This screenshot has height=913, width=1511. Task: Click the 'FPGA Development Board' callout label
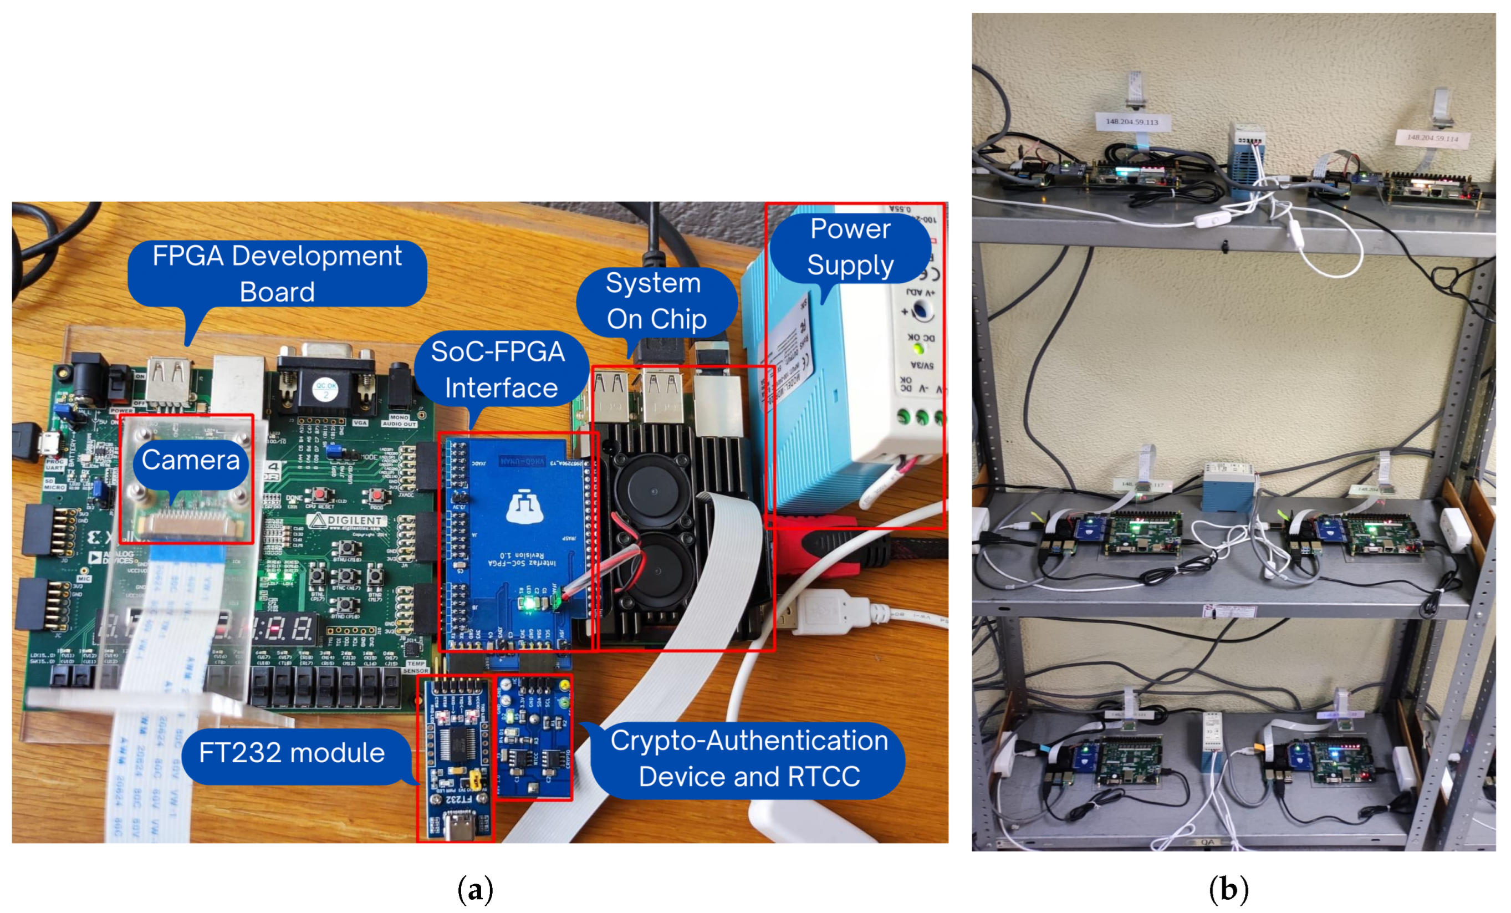[277, 273]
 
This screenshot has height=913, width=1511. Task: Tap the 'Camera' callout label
[191, 460]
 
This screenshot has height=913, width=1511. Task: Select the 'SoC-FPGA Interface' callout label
[500, 369]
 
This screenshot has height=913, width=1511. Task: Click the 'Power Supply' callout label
[850, 247]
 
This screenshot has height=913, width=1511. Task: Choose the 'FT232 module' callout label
[292, 753]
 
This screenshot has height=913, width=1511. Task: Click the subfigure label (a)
[475, 889]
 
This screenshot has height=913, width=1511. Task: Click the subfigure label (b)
[1228, 889]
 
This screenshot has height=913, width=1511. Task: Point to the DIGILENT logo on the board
[347, 521]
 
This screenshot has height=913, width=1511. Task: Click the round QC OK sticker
[325, 389]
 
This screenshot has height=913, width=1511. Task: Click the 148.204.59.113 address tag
[1132, 122]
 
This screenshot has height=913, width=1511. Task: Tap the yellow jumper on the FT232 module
[474, 781]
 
